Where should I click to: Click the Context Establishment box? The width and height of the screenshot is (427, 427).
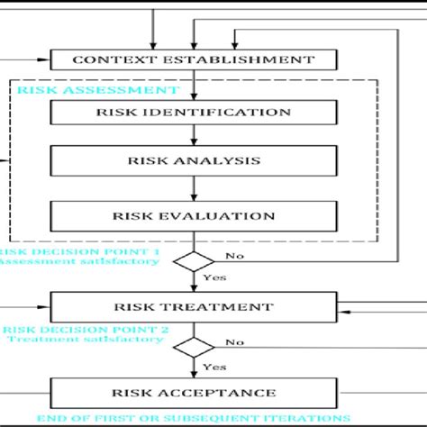point(194,61)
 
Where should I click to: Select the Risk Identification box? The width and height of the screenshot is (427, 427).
point(194,113)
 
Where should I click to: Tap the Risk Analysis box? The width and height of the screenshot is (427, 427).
point(194,161)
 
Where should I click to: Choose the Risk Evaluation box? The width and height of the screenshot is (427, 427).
point(194,216)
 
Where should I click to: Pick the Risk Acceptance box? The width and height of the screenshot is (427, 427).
point(194,393)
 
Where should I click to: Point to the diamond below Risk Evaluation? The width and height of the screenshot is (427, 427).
point(194,260)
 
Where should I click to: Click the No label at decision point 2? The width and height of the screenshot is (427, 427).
point(235,342)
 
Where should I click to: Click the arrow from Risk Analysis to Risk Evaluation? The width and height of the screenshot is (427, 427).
point(194,188)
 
